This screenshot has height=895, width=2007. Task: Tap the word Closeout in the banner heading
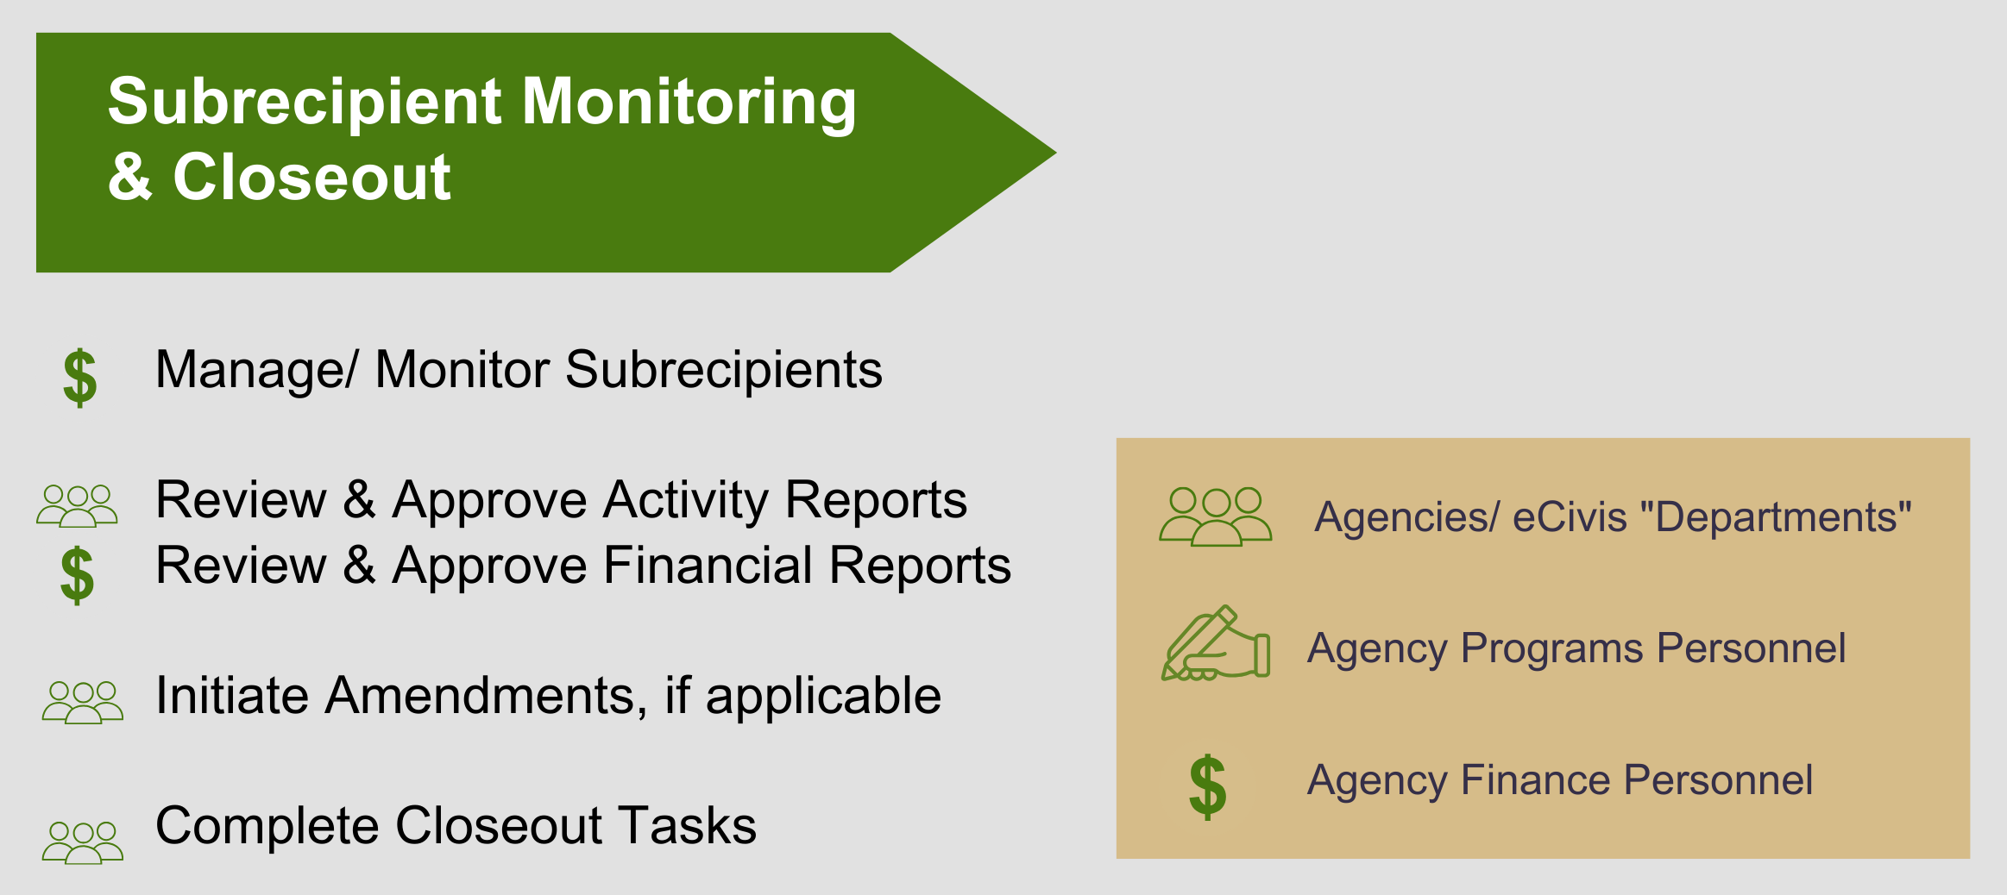pyautogui.click(x=311, y=177)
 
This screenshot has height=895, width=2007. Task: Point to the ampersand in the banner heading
pyautogui.click(x=130, y=177)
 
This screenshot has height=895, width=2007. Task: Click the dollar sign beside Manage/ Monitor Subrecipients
pyautogui.click(x=80, y=378)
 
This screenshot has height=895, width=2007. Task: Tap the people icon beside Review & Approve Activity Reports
pyautogui.click(x=77, y=505)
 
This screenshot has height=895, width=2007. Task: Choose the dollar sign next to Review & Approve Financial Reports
pyautogui.click(x=77, y=575)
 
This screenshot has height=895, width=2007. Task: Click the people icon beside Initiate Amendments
pyautogui.click(x=83, y=702)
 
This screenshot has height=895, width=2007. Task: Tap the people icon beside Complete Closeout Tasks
pyautogui.click(x=83, y=842)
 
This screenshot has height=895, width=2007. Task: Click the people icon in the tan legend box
pyautogui.click(x=1215, y=516)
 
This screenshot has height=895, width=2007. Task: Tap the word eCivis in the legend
pyautogui.click(x=1570, y=517)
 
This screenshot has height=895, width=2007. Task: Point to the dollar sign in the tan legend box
pyautogui.click(x=1207, y=786)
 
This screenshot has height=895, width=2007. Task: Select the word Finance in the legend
pyautogui.click(x=1533, y=780)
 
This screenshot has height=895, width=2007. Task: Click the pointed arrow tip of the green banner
pyautogui.click(x=1055, y=153)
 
